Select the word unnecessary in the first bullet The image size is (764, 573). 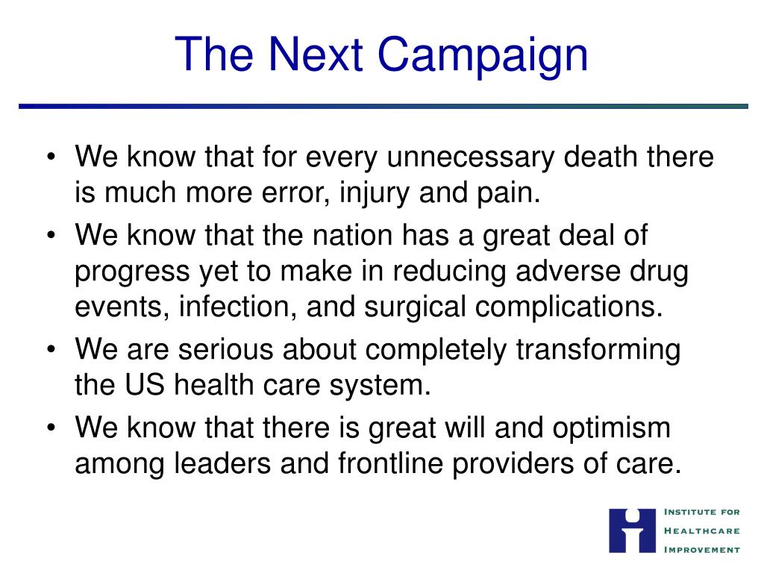coord(471,157)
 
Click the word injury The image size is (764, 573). coord(375,193)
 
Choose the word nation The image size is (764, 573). coord(352,236)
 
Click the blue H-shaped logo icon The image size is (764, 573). coord(632,530)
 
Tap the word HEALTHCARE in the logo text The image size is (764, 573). coord(702,530)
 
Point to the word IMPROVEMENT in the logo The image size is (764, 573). coord(702,550)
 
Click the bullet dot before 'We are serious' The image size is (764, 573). coord(51,350)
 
